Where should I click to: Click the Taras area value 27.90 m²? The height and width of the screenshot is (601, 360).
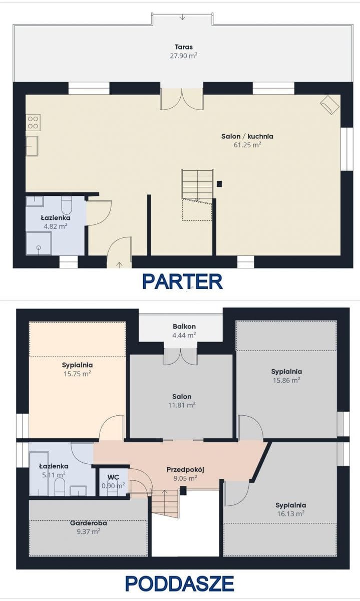(x=184, y=56)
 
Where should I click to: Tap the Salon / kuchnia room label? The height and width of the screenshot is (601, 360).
(x=247, y=136)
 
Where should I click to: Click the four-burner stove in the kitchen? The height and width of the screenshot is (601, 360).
(x=33, y=122)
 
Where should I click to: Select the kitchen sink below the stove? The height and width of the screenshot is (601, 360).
(x=32, y=146)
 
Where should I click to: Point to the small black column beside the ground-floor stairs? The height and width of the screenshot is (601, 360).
(x=219, y=184)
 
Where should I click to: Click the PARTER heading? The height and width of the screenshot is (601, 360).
(x=182, y=281)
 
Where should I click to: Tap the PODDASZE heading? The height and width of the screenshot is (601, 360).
(x=180, y=583)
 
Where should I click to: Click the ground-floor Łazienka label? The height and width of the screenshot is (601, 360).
(x=56, y=218)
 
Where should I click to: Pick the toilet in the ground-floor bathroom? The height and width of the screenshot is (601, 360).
(x=67, y=205)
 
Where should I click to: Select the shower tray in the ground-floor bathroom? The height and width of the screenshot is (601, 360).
(x=39, y=243)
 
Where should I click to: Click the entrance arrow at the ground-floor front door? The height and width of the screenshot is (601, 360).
(x=119, y=264)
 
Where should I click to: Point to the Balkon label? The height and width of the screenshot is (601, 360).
(x=184, y=327)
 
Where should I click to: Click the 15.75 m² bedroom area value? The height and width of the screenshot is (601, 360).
(x=77, y=374)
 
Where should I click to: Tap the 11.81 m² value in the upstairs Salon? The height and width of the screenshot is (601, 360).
(x=182, y=405)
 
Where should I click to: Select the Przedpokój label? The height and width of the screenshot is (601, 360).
(x=185, y=470)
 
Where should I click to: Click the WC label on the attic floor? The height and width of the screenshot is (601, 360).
(x=113, y=477)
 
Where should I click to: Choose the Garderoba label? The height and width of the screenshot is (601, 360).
(x=89, y=523)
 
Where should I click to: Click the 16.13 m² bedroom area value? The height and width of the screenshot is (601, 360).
(x=291, y=514)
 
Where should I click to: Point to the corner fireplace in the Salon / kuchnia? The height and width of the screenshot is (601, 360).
(x=329, y=105)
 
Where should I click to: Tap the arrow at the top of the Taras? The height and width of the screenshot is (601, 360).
(x=182, y=17)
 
